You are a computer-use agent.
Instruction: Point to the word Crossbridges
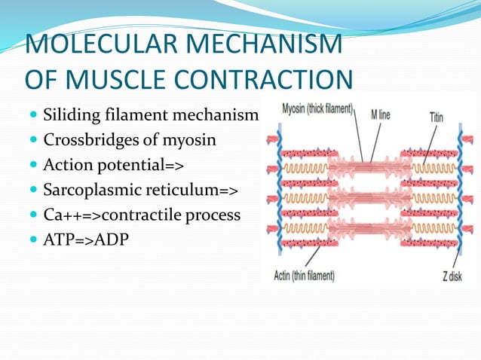coord(90,140)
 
